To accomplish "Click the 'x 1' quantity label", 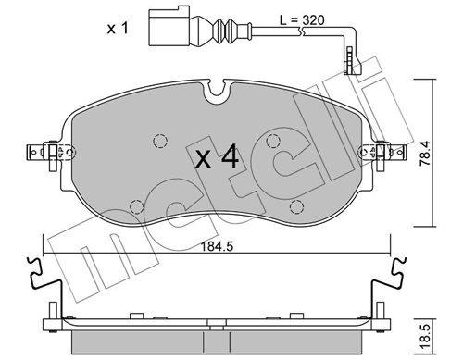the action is tap(118, 29).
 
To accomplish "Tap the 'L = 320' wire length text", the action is tap(302, 20).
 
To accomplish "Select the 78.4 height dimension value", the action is tap(425, 154).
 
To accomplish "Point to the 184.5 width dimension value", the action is tap(217, 246).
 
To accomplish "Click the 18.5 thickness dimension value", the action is tap(425, 339).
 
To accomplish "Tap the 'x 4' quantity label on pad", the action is tap(218, 156).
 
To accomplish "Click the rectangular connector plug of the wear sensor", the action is tap(169, 28).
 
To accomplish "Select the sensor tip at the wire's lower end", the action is tap(352, 61).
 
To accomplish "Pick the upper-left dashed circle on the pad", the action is tap(160, 142).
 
